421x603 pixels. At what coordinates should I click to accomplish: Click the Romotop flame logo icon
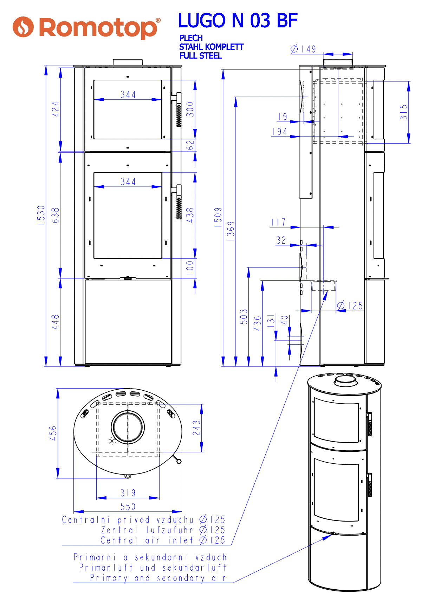[23, 27]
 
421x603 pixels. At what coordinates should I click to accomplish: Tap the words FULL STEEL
[201, 56]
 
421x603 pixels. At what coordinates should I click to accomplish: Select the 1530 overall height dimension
[41, 215]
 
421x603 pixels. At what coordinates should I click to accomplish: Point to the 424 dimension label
[56, 109]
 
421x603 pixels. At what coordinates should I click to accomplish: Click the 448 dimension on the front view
[56, 322]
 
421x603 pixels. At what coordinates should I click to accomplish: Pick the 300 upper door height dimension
[190, 109]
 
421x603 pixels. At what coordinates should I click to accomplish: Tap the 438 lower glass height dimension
[190, 215]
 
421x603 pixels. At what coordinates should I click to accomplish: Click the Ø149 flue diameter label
[303, 49]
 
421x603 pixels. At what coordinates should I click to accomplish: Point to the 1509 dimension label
[218, 217]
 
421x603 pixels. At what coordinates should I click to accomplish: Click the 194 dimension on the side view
[280, 132]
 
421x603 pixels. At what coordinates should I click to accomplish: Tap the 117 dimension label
[278, 222]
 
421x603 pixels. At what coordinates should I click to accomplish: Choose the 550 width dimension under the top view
[128, 506]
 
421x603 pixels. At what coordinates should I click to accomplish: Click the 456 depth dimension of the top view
[53, 433]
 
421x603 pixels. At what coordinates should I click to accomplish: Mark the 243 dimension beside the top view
[197, 428]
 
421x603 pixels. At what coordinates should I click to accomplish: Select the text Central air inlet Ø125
[163, 540]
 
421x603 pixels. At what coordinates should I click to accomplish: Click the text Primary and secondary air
[158, 578]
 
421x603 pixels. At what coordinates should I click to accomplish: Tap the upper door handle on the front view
[177, 109]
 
